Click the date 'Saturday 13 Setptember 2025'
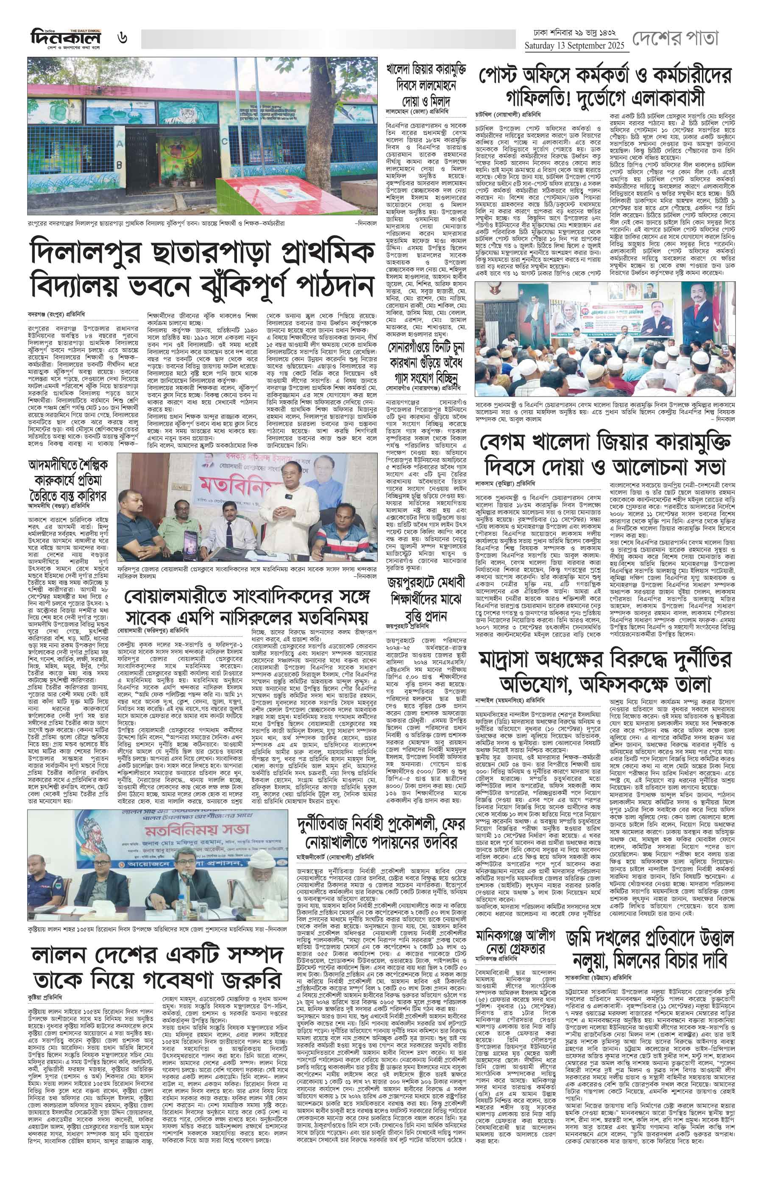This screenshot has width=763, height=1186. tap(577, 46)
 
